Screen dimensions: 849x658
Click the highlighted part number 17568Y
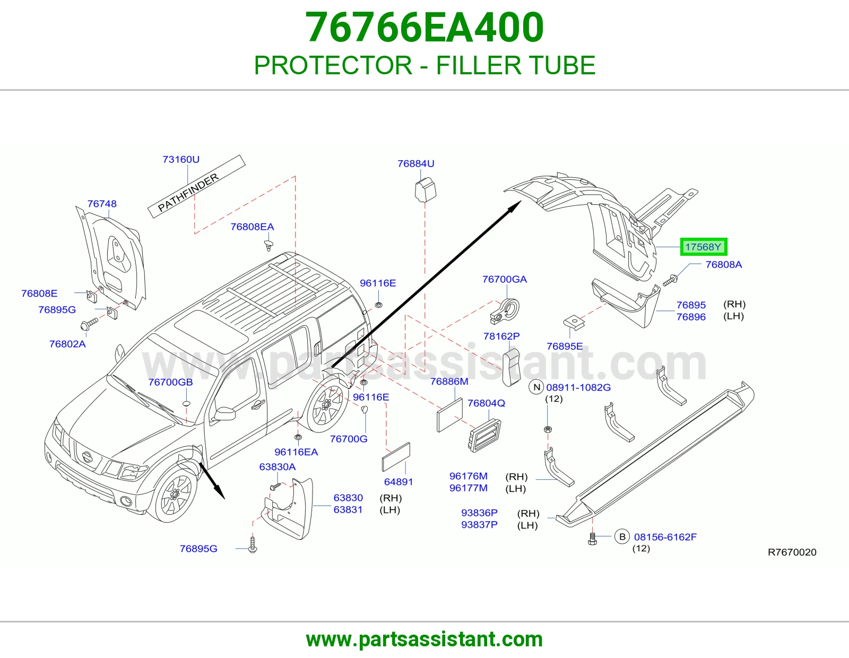pos(703,247)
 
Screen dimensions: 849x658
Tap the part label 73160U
pos(181,159)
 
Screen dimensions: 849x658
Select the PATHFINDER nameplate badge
pos(196,186)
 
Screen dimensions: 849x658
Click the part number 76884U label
pos(415,164)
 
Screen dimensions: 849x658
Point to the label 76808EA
pos(252,227)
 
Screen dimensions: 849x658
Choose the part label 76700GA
pos(505,279)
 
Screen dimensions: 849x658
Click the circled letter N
pos(536,387)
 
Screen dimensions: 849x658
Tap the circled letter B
pos(622,537)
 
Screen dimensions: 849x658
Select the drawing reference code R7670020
pos(792,552)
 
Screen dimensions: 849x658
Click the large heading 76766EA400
pos(424,27)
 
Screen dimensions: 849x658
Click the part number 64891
pos(398,482)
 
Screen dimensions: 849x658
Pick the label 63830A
pos(278,467)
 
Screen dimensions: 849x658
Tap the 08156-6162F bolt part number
pos(665,537)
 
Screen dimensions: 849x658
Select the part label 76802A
pos(67,344)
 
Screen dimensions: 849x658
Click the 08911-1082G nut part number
pos(578,387)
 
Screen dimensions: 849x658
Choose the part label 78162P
pos(501,336)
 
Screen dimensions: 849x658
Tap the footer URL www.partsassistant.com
pos(424,640)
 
